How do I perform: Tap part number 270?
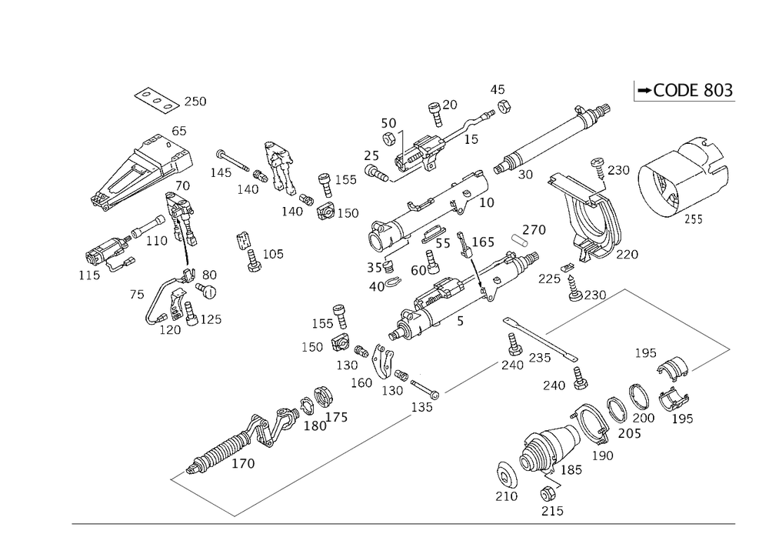(534, 229)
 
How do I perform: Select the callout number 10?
(486, 201)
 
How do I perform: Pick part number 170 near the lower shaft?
(243, 463)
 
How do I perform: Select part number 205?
(629, 434)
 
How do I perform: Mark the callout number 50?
(388, 124)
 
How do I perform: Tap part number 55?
(444, 245)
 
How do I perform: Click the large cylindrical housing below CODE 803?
(680, 182)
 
